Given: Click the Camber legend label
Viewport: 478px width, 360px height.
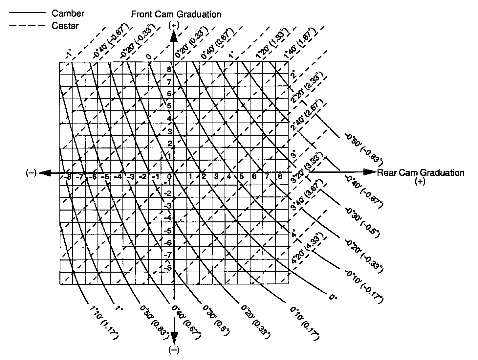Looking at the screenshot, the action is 68,13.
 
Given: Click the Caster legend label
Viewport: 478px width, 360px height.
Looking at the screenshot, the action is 65,26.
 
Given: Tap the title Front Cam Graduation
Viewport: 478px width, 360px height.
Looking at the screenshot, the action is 176,14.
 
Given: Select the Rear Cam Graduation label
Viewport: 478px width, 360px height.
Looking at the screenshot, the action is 420,173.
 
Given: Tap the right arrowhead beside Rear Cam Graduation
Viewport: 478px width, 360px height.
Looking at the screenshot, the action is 370,172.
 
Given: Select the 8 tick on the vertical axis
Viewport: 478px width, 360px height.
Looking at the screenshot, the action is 169,70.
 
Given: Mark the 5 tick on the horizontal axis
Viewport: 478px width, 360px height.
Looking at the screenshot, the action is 241,176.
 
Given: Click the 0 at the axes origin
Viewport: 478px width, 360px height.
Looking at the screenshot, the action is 170,177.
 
